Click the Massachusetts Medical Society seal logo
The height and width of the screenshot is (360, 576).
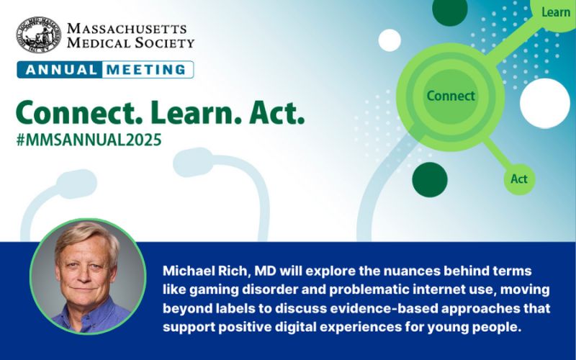(x=39, y=35)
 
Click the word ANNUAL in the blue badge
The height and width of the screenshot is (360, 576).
(x=58, y=70)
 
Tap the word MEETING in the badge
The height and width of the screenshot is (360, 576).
(x=147, y=70)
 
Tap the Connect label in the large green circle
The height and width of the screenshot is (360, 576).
(x=451, y=96)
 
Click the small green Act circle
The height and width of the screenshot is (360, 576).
(x=519, y=179)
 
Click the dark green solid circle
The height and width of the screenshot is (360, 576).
(x=430, y=178)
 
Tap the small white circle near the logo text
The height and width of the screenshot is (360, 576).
(x=390, y=40)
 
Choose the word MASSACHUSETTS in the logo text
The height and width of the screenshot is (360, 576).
(x=126, y=28)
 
